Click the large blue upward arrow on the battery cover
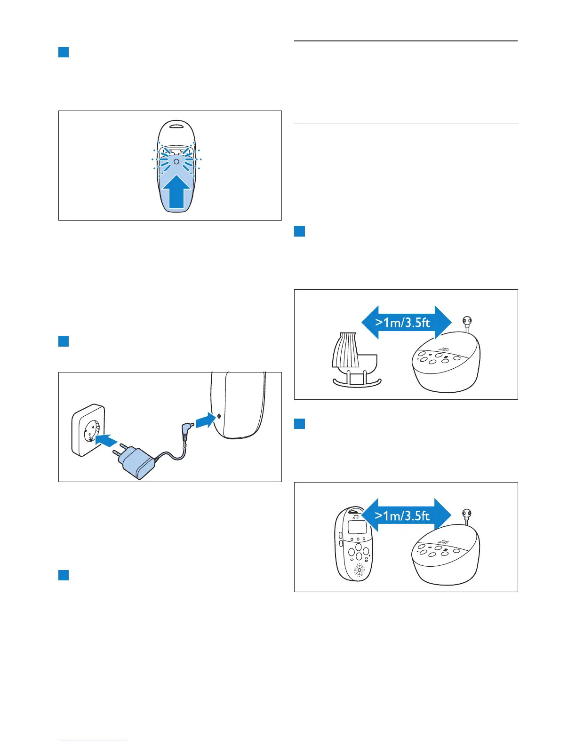(x=176, y=192)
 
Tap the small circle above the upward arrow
(x=176, y=161)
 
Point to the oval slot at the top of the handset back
(x=176, y=126)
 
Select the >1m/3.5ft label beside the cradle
(x=403, y=323)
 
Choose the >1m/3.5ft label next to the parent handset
(x=403, y=515)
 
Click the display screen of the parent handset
(x=357, y=527)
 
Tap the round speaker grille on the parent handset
(x=359, y=571)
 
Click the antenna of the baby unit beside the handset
(x=467, y=516)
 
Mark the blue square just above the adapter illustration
(x=64, y=341)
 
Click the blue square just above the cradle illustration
(x=299, y=231)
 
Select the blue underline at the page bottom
(x=93, y=741)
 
